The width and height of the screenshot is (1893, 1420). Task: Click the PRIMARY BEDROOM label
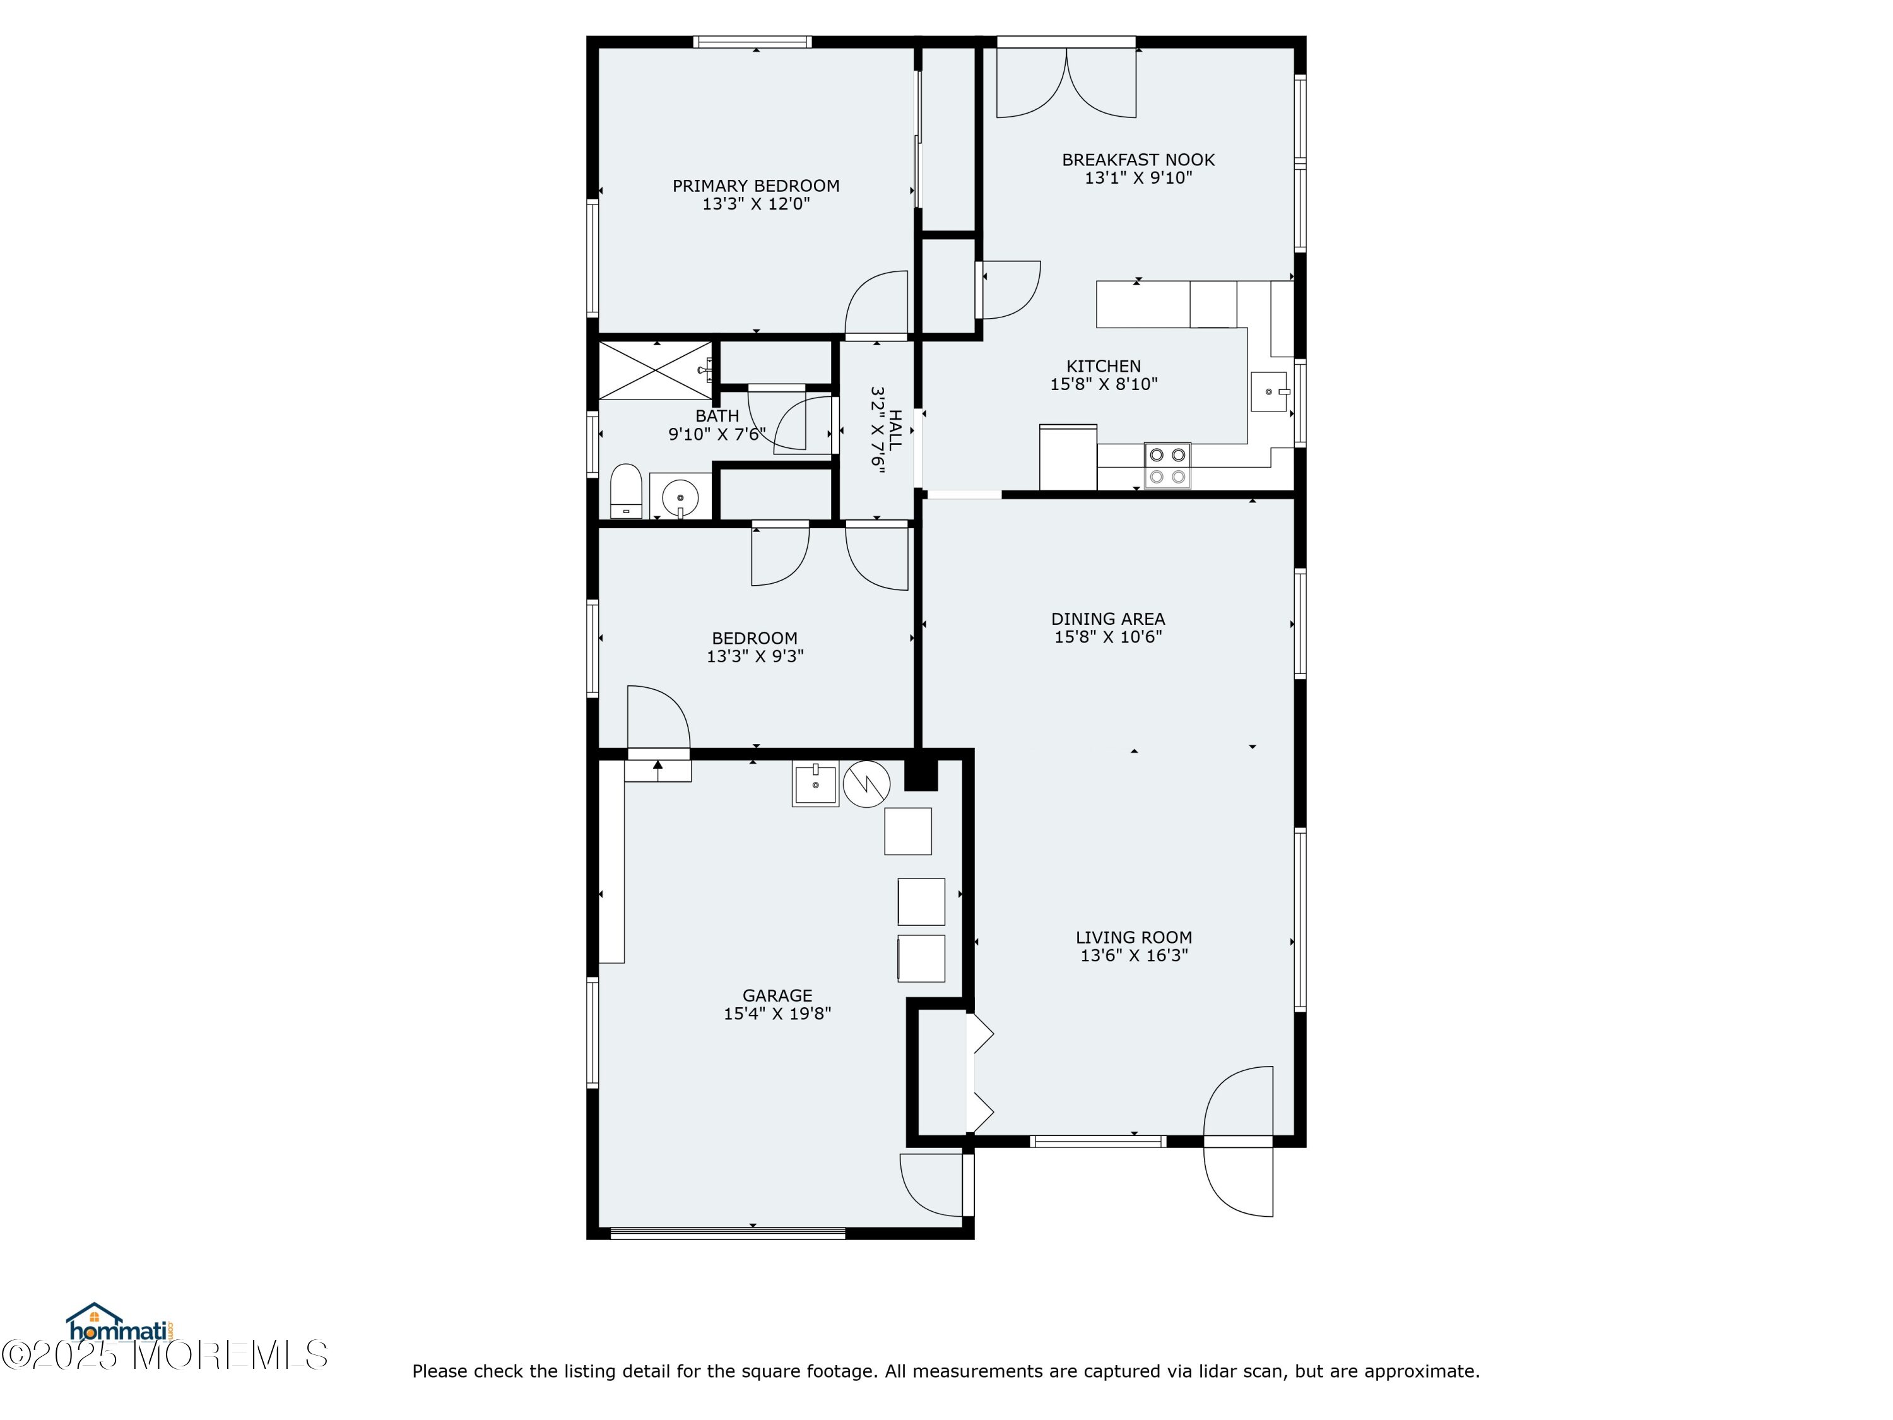(x=756, y=186)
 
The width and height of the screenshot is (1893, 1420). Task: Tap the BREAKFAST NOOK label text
(x=1138, y=160)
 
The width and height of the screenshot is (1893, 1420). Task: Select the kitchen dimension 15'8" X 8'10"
(x=1104, y=384)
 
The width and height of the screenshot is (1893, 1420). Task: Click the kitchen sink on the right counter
(x=1269, y=392)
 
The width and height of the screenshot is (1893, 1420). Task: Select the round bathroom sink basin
(x=680, y=497)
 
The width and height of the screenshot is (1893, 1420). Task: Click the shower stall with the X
(x=655, y=370)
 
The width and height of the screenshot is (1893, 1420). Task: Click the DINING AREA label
(x=1108, y=619)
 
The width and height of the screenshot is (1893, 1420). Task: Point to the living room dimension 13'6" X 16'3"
(x=1134, y=956)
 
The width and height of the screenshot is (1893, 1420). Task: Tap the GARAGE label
(x=777, y=995)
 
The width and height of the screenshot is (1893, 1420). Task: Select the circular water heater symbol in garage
(x=866, y=784)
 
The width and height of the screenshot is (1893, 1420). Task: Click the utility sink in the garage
(x=815, y=784)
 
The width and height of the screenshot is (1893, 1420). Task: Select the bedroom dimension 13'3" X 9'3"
(x=755, y=656)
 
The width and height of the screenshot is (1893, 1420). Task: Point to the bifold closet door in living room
(x=979, y=1074)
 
